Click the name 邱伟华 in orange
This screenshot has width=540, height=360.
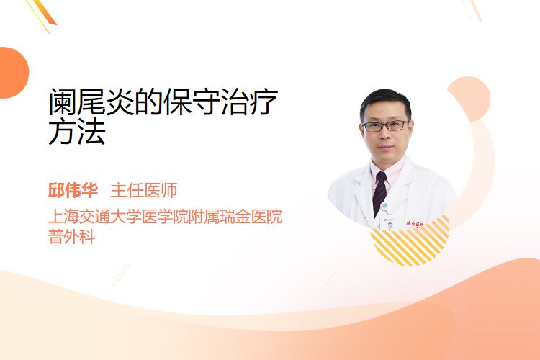tap(73, 190)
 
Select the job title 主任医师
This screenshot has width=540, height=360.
tap(143, 190)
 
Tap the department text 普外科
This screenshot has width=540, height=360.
tap(71, 237)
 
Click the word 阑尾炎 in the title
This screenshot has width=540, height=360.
tap(91, 102)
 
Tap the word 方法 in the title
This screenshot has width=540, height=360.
tap(77, 131)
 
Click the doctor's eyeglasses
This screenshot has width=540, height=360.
tap(385, 126)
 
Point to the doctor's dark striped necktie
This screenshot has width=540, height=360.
tap(380, 193)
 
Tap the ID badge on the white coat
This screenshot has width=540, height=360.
tap(388, 223)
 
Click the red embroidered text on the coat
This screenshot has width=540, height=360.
tap(415, 224)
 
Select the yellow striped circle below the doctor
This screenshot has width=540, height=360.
tap(410, 241)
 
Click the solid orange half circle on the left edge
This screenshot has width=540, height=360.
tap(13, 73)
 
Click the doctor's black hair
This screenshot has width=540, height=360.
tap(386, 102)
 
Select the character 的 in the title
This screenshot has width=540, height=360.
tap(149, 102)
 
